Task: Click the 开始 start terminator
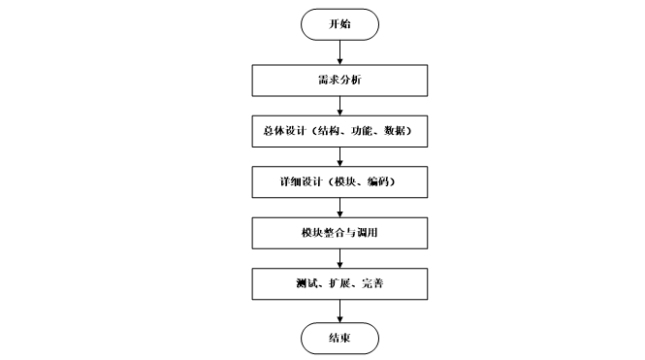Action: (x=339, y=24)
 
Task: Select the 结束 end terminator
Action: (x=339, y=339)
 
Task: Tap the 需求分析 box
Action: (x=339, y=81)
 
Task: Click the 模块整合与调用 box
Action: (x=339, y=233)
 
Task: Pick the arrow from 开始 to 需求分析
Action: (x=339, y=52)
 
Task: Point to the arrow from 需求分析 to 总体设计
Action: (x=339, y=106)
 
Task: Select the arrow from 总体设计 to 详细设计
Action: (x=339, y=157)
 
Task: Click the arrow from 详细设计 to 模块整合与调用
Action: (x=339, y=208)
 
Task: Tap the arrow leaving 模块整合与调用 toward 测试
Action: (x=339, y=259)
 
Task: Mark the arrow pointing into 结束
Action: (x=339, y=311)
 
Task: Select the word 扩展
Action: (x=339, y=283)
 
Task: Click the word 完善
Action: (x=372, y=283)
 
